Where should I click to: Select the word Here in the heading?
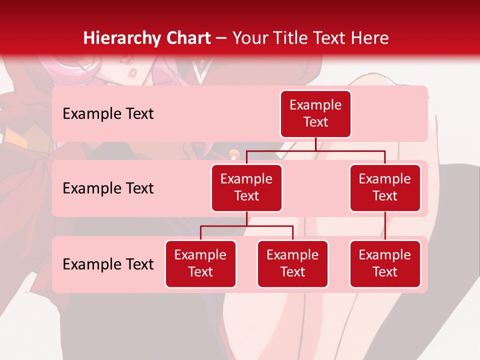[x=369, y=38]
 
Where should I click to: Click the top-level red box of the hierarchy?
[x=315, y=114]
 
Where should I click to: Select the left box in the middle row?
[x=246, y=187]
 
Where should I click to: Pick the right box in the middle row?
[x=385, y=187]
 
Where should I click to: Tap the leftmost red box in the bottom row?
[x=200, y=263]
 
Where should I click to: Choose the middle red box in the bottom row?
[x=292, y=263]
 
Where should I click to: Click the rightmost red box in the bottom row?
[x=385, y=263]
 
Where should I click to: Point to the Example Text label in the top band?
[x=108, y=114]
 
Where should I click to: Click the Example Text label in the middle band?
[x=108, y=188]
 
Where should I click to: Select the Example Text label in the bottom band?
[x=108, y=264]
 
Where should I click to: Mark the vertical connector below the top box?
[x=315, y=144]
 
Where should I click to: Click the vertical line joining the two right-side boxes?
[x=385, y=226]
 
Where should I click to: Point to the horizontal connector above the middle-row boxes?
[x=315, y=150]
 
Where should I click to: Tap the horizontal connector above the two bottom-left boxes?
[x=246, y=226]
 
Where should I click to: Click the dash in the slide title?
[x=221, y=38]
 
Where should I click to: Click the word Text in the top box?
[x=315, y=122]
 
